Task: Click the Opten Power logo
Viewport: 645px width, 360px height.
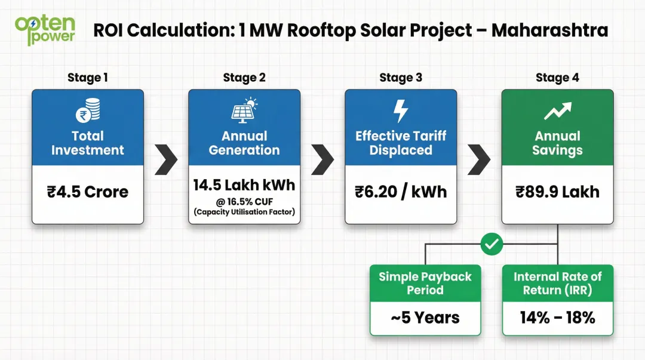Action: tap(45, 30)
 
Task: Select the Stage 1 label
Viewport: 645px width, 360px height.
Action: tap(88, 78)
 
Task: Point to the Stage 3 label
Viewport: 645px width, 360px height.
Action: tap(401, 78)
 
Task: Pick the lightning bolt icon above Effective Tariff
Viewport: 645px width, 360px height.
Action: tap(401, 112)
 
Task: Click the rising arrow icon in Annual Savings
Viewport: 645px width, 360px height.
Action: tap(557, 112)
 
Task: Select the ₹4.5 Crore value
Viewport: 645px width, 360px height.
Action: tap(88, 192)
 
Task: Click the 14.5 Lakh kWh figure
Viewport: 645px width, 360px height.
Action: tap(244, 185)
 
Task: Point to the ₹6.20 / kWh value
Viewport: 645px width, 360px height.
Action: tap(401, 192)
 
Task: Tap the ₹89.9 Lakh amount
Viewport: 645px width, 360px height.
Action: tap(557, 192)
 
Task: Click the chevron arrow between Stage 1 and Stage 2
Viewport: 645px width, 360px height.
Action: tap(166, 159)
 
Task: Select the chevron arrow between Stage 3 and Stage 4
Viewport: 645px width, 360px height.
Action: tap(479, 159)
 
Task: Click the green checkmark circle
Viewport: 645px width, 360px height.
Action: tap(493, 244)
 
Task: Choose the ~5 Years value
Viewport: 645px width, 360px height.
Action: tap(425, 318)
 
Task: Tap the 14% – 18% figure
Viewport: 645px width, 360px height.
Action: tap(557, 318)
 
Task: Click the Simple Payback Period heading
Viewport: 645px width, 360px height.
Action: tap(425, 284)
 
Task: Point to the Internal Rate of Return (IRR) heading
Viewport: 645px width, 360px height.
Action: tap(557, 284)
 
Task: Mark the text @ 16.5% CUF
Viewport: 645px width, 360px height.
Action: tap(244, 202)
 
